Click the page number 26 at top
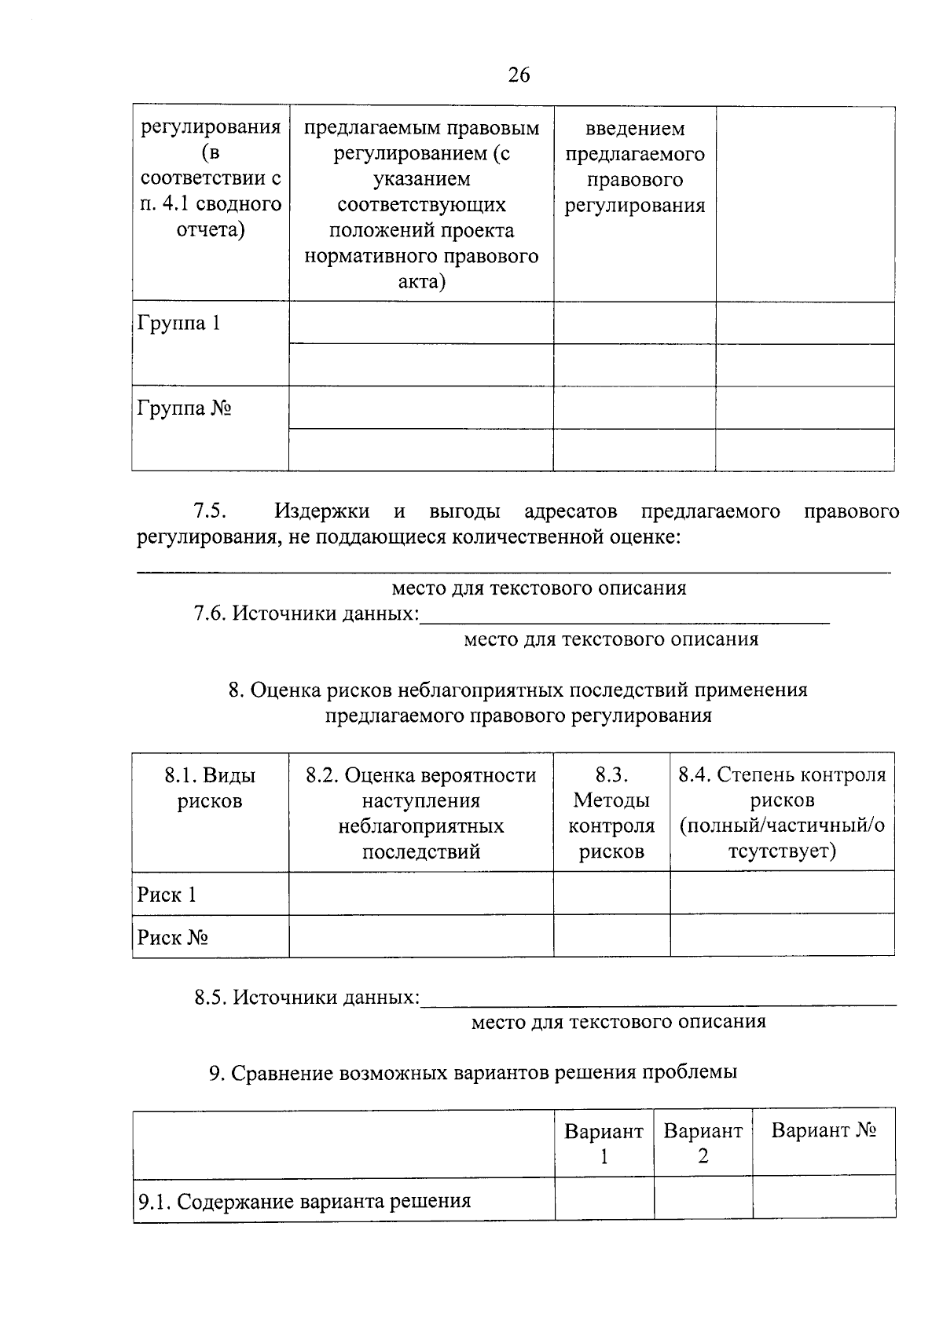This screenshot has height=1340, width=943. [x=519, y=75]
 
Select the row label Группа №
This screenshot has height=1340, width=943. [x=184, y=409]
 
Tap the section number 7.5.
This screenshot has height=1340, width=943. [x=210, y=512]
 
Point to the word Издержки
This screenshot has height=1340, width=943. [x=322, y=512]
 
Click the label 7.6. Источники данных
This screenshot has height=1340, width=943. [x=306, y=613]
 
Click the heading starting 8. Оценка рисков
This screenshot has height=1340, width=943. [x=518, y=690]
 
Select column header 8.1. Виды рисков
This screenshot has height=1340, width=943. [x=210, y=789]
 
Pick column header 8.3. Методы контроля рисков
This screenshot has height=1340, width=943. [x=611, y=813]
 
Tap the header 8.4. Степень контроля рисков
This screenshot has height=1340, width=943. [x=782, y=813]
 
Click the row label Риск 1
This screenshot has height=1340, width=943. [x=167, y=895]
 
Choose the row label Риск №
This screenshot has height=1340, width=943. [x=172, y=938]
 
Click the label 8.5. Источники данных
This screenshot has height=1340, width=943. [x=306, y=998]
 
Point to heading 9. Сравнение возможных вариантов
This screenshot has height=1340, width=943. [x=472, y=1072]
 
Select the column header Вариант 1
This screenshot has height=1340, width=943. [x=604, y=1144]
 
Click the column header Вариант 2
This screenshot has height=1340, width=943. [x=703, y=1144]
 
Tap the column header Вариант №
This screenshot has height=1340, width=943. [x=824, y=1131]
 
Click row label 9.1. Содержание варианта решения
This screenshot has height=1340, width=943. [x=304, y=1202]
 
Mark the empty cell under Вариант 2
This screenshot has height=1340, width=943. [x=703, y=1199]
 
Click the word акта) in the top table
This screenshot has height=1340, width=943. [x=421, y=281]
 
